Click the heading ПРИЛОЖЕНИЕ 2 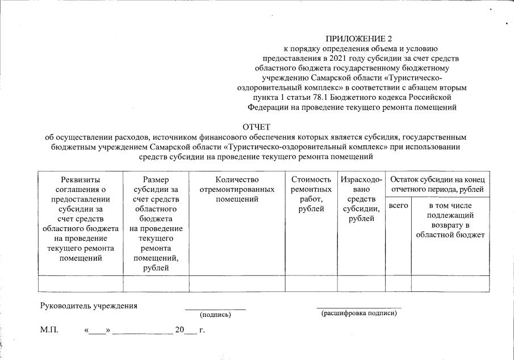coord(358,39)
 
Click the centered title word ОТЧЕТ coord(256,127)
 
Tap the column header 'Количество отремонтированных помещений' coord(237,189)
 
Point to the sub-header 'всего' coord(398,205)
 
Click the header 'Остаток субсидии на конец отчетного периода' coord(437,184)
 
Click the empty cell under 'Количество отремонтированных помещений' coord(237,283)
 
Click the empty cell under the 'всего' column coord(398,283)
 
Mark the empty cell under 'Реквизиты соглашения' coord(80,283)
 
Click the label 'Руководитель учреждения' coord(89,306)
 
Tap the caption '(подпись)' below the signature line coord(215,314)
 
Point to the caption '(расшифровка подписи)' coord(358,313)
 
